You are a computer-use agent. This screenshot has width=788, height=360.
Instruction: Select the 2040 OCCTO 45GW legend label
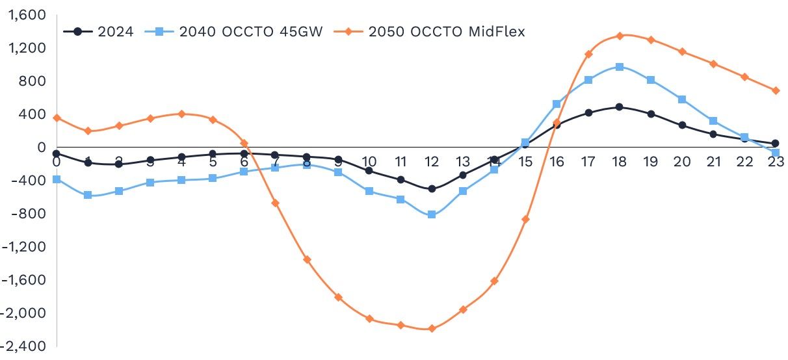(250, 31)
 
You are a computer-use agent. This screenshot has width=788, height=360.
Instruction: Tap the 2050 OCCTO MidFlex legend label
(446, 31)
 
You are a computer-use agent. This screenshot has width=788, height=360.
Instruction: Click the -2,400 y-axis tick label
(23, 346)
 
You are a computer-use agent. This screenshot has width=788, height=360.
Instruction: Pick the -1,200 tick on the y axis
(23, 247)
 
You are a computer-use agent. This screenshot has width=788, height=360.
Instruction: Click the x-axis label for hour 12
(432, 162)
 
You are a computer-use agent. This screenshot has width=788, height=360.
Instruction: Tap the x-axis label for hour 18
(620, 162)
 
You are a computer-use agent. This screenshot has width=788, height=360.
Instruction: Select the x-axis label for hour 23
(775, 162)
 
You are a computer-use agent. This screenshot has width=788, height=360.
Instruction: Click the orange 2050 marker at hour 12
(432, 328)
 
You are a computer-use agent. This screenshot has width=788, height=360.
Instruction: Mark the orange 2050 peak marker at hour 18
(620, 36)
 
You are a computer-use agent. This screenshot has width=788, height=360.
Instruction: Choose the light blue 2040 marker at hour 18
(620, 67)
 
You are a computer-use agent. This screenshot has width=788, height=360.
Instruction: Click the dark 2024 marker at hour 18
(620, 107)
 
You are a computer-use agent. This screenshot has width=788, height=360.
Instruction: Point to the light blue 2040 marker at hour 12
(432, 214)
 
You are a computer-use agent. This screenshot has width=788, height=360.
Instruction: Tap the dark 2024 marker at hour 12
(432, 188)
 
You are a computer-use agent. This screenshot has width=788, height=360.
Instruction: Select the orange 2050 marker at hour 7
(276, 203)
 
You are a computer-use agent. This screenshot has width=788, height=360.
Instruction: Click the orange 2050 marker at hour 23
(775, 90)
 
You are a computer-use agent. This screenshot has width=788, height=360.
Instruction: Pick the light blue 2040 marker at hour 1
(88, 195)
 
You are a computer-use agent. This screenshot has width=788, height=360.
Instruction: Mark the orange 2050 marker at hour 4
(181, 114)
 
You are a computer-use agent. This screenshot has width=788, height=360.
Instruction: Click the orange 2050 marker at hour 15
(525, 219)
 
